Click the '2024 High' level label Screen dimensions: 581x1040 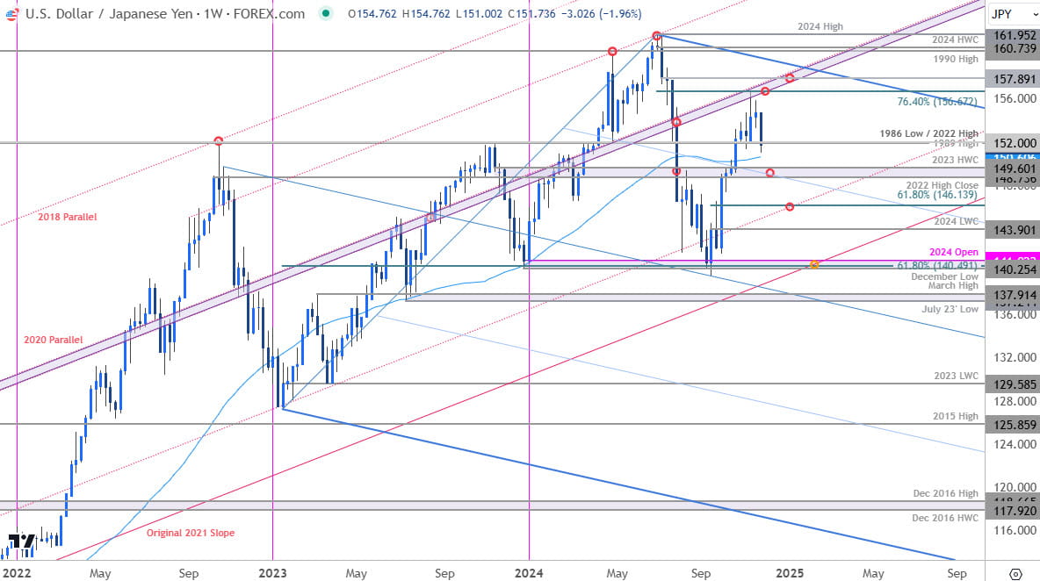click(x=820, y=27)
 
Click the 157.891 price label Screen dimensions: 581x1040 click(x=1011, y=77)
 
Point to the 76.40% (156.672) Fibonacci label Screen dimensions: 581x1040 click(x=936, y=102)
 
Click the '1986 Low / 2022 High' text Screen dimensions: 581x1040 click(x=929, y=134)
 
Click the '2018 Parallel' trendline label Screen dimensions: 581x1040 click(x=68, y=217)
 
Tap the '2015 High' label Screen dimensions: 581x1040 click(x=956, y=415)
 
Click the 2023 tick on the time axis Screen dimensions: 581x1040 click(x=273, y=573)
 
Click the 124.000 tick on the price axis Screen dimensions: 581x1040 click(x=1011, y=444)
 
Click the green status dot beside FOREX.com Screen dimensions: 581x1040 click(x=326, y=14)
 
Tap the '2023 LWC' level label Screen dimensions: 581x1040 click(x=956, y=376)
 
